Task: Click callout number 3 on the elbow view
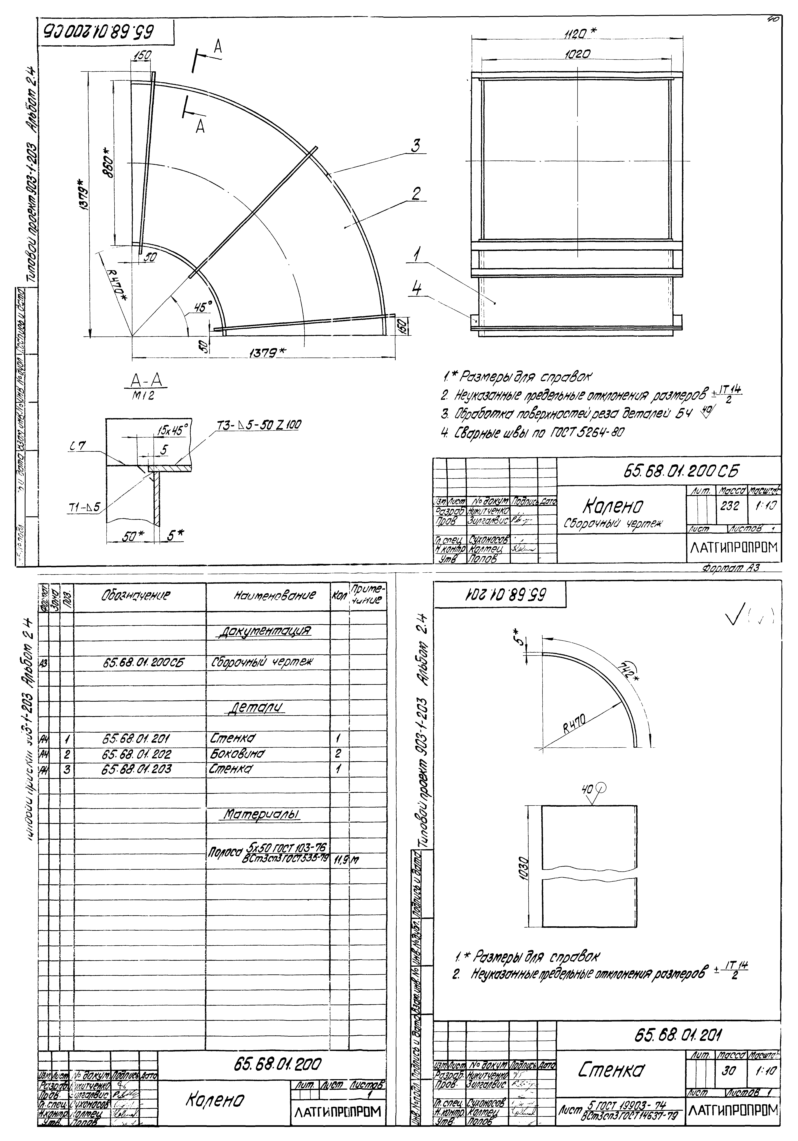click(x=416, y=146)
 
